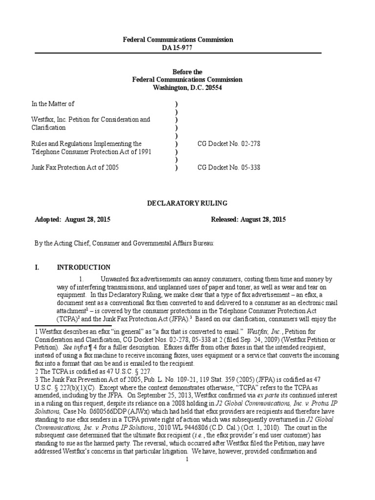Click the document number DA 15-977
pyautogui.click(x=178, y=47)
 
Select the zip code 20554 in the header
pyautogui.click(x=213, y=88)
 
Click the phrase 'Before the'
pyautogui.click(x=187, y=72)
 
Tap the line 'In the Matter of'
pyautogui.click(x=53, y=104)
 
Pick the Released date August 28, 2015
pyautogui.click(x=263, y=219)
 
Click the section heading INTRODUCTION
pyautogui.click(x=83, y=267)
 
